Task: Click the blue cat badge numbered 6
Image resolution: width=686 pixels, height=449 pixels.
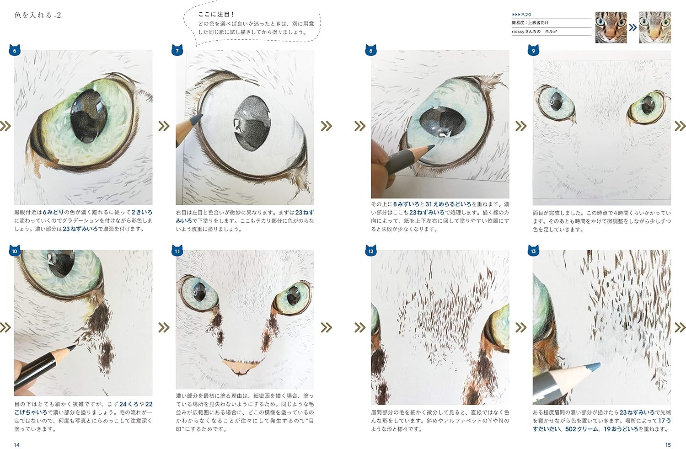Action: [x=15, y=50]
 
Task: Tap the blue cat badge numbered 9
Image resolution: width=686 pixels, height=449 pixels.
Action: [x=534, y=50]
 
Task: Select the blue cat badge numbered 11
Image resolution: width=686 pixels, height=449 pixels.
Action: [x=177, y=251]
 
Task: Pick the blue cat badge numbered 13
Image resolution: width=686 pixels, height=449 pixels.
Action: [x=534, y=251]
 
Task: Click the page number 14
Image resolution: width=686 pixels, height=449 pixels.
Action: [x=17, y=445]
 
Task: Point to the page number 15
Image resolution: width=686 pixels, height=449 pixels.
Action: [x=668, y=445]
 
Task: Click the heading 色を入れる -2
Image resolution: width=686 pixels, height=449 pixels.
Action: [x=38, y=15]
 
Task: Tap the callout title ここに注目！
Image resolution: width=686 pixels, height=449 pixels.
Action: [x=216, y=14]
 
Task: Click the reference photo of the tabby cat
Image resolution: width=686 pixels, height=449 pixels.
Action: [x=611, y=27]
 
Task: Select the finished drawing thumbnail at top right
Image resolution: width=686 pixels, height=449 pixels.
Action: [x=655, y=27]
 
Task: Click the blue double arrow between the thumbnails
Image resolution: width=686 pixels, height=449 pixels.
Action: [x=632, y=27]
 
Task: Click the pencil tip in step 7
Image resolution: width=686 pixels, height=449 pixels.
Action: [x=200, y=116]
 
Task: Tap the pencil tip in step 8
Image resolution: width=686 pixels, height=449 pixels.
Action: [x=433, y=147]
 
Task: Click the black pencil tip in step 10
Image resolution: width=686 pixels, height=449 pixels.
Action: [x=74, y=347]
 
